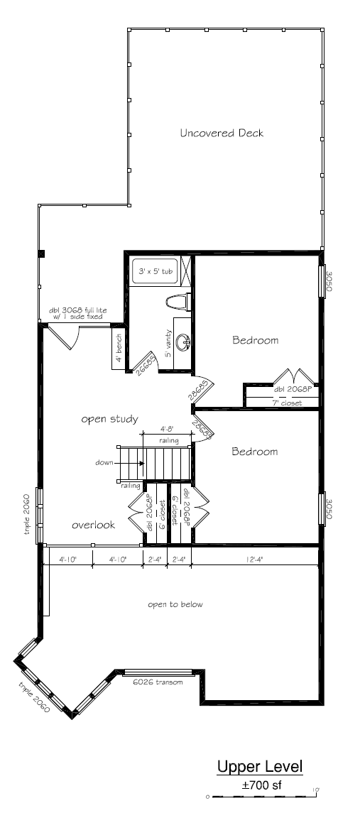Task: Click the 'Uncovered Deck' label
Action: point(222,133)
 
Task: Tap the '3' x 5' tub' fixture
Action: point(157,271)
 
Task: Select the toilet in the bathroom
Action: point(175,302)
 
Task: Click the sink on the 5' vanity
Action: point(185,343)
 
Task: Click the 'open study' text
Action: point(109,418)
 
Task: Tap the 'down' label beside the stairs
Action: point(104,462)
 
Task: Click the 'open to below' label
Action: point(175,604)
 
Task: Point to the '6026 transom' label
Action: point(158,682)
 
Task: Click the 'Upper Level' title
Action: point(260,767)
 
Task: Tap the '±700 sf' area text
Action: point(262,785)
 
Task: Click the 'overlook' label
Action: point(93,525)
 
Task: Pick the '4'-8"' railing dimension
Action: point(168,430)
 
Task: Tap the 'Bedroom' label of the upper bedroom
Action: point(255,340)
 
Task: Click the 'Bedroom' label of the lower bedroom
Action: point(255,452)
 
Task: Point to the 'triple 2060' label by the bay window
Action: point(34,697)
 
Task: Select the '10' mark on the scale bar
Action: point(314,789)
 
